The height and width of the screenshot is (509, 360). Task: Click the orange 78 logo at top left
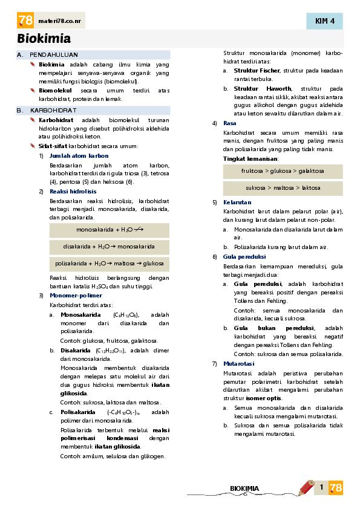(25, 21)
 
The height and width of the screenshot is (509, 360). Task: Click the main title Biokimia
(44, 39)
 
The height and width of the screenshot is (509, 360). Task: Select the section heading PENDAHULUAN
(54, 54)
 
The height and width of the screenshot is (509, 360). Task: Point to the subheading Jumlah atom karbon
(79, 156)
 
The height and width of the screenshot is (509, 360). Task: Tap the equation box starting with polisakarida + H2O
(110, 264)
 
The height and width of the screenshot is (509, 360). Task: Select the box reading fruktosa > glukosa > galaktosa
(283, 171)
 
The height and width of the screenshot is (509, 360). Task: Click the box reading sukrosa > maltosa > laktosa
(283, 188)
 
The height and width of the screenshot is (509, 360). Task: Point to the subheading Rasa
(230, 123)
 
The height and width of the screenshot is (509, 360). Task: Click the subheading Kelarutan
(237, 202)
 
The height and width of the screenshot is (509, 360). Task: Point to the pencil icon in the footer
(306, 487)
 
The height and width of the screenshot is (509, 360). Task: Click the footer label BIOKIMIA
(244, 488)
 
